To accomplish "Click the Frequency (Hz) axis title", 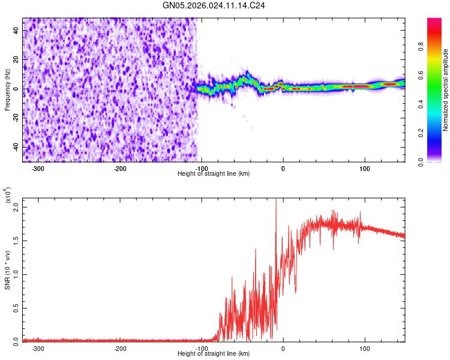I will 8,90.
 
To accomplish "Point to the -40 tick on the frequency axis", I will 16,147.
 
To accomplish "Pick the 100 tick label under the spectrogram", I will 364,169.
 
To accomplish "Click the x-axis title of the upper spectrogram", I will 214,174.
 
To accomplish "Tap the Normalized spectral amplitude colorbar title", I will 446,91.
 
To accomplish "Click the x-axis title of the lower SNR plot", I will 214,353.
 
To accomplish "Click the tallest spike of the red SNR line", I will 276,200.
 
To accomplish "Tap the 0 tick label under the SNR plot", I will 283,348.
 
